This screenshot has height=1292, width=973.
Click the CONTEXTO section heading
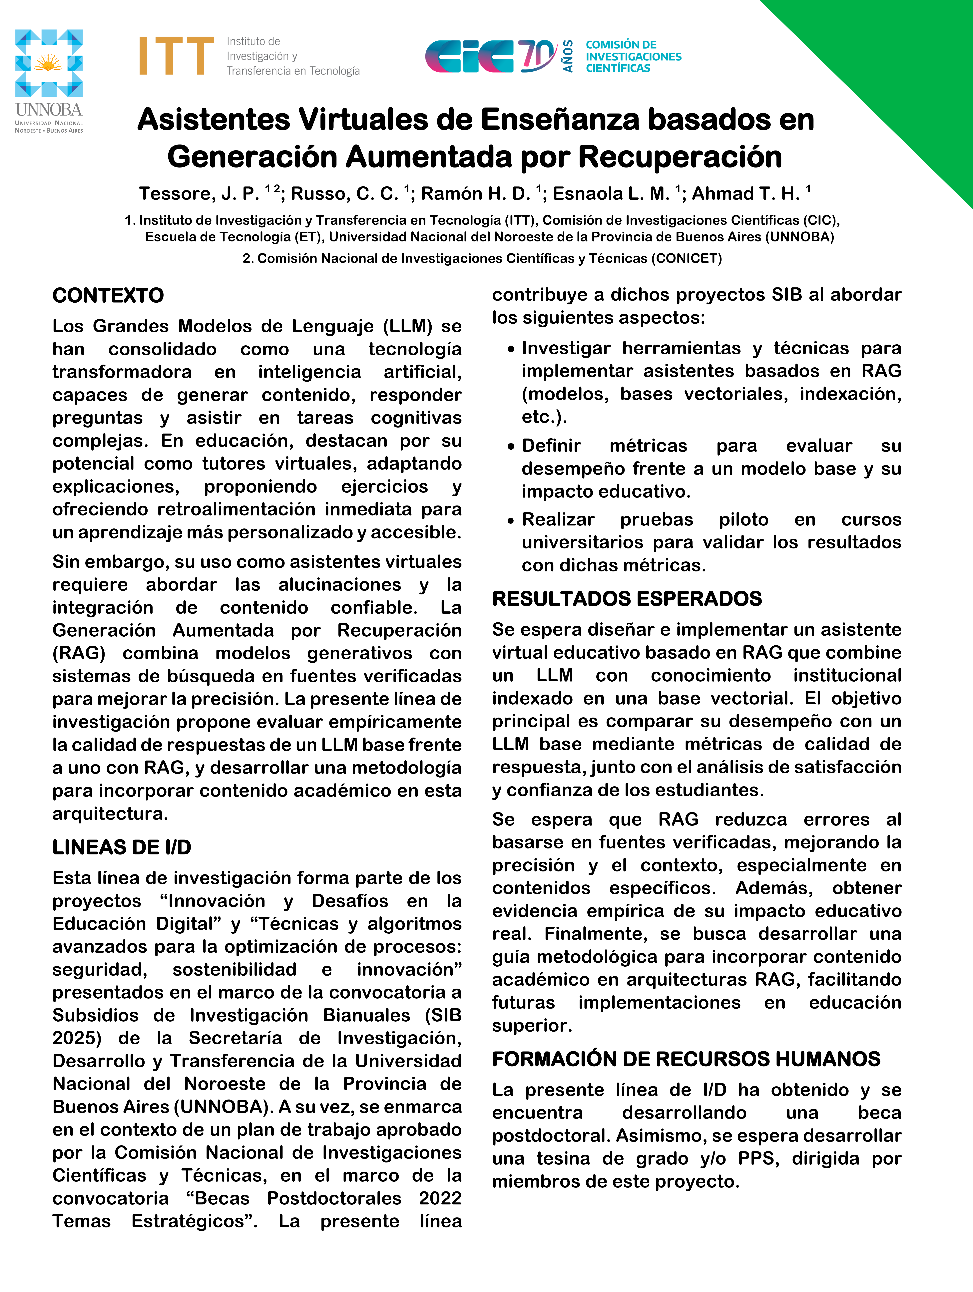coord(108,296)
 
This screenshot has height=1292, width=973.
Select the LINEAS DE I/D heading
coord(122,847)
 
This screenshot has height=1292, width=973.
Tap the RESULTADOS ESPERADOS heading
coord(627,599)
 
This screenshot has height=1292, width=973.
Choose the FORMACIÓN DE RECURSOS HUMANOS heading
coord(686,1059)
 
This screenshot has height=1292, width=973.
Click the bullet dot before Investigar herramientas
coord(511,349)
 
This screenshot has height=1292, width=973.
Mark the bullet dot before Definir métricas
coord(511,447)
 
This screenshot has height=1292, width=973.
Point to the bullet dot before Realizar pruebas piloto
coord(511,520)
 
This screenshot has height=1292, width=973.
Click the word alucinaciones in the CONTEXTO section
coord(339,585)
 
